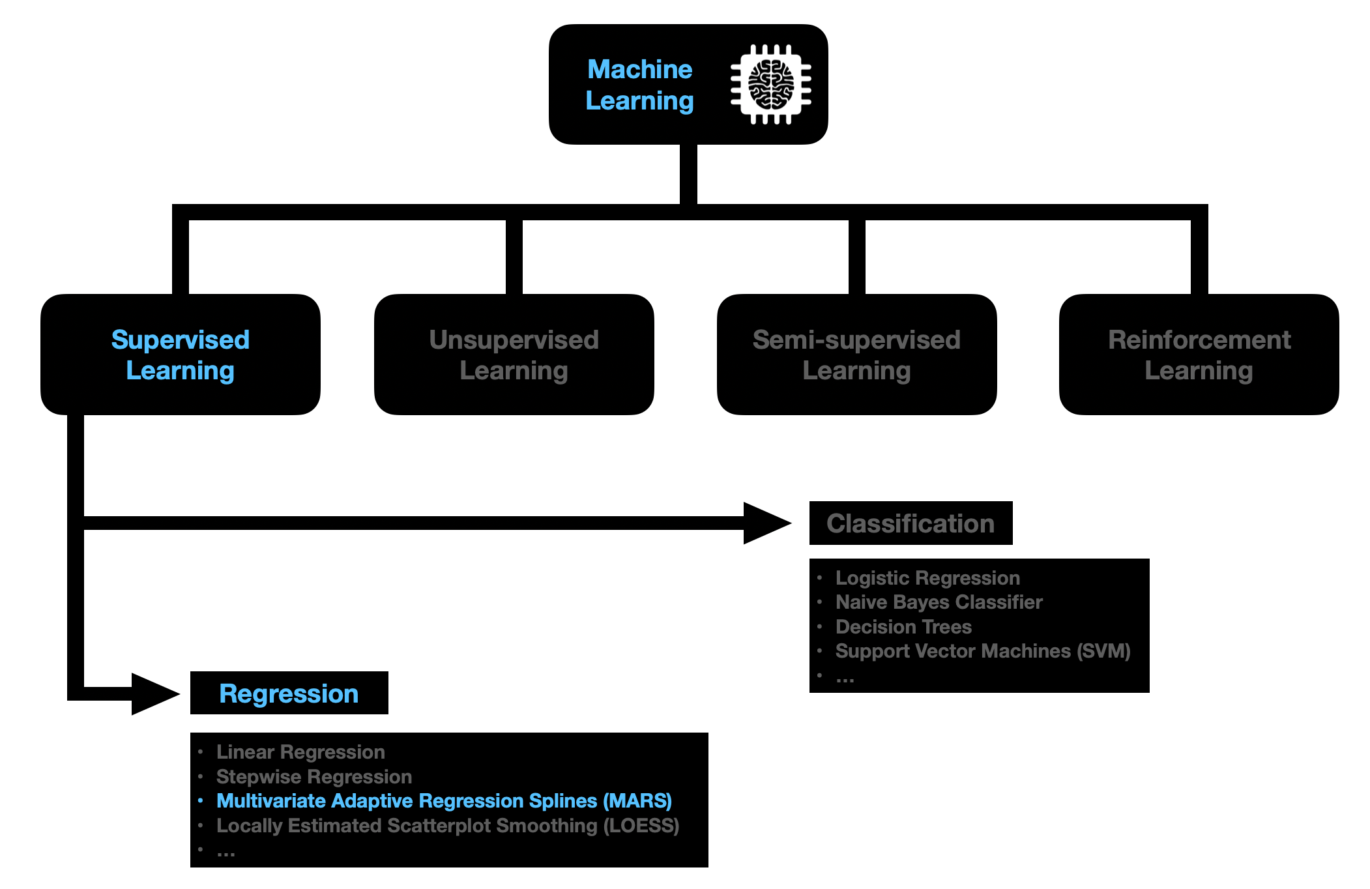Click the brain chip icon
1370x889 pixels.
(770, 85)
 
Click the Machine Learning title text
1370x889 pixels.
(639, 85)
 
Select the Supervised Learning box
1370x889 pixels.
(180, 355)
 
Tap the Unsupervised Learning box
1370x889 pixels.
(514, 355)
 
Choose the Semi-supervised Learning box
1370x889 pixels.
(856, 355)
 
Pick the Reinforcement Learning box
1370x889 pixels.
(1199, 355)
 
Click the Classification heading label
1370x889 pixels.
(910, 523)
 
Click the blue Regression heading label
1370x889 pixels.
(289, 693)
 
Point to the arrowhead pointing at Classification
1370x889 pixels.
(766, 523)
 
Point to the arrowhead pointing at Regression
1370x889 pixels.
(154, 693)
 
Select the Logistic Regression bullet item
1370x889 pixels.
(927, 578)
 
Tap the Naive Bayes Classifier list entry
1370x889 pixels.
(939, 602)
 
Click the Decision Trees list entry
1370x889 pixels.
(903, 627)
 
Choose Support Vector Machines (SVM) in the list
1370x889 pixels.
(983, 651)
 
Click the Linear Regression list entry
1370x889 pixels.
(300, 752)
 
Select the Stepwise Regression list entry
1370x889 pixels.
(314, 777)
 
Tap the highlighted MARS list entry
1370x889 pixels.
(443, 801)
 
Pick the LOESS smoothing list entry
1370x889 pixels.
(448, 826)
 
